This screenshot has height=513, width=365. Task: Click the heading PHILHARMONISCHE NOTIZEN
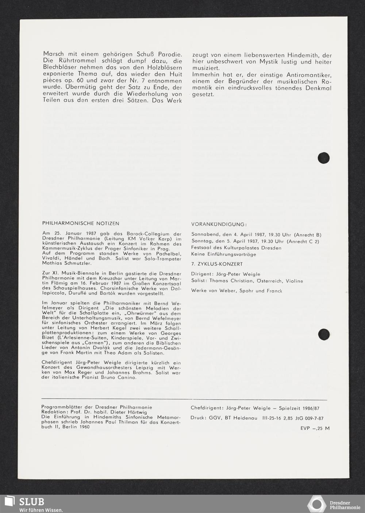(x=81, y=223)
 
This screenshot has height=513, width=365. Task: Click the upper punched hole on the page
(x=323, y=158)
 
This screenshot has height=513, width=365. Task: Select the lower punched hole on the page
(x=324, y=334)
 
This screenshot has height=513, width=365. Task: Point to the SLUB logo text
(x=32, y=501)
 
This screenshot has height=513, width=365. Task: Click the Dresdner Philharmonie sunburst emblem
(x=316, y=504)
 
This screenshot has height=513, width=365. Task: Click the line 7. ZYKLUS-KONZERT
(x=217, y=264)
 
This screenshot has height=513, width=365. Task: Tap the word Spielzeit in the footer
(x=291, y=408)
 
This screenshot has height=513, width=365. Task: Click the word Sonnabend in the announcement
(x=204, y=234)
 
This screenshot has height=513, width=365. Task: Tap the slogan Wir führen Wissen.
(x=41, y=510)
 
